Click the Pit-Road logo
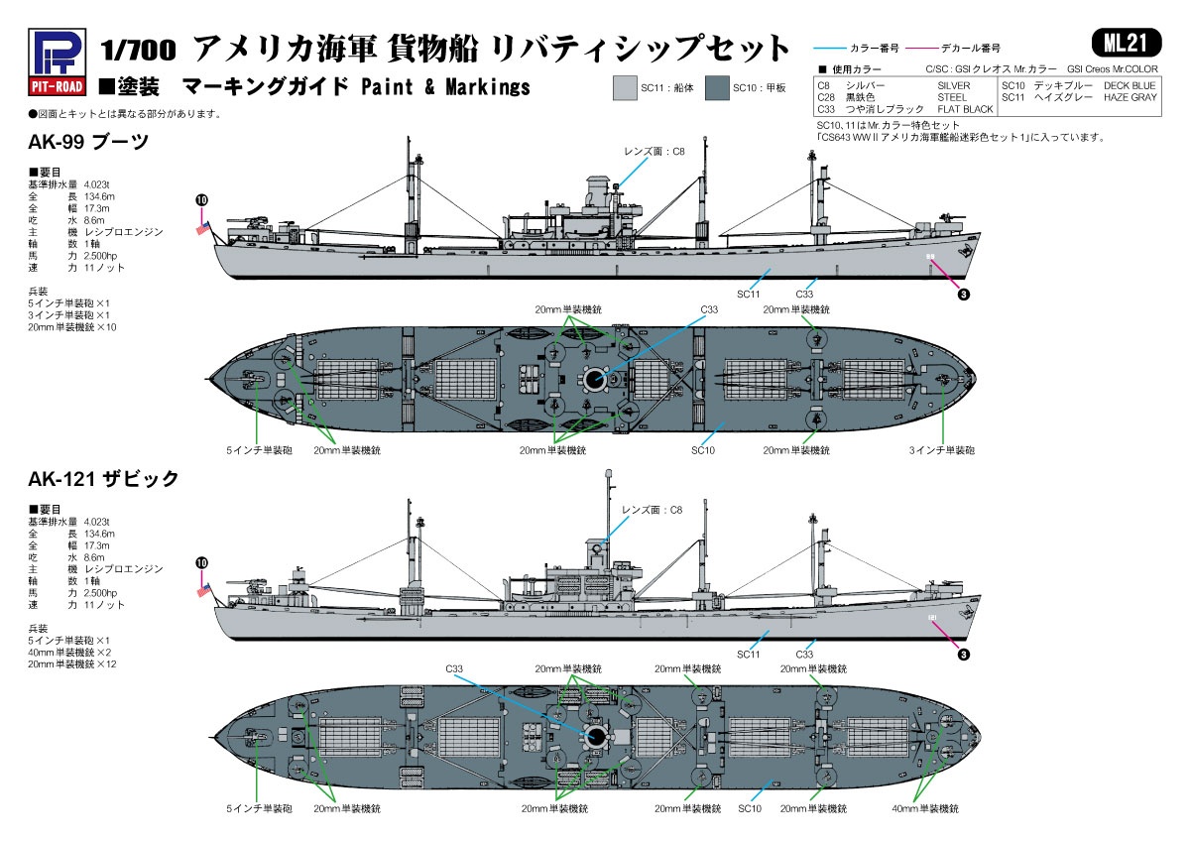click(57, 62)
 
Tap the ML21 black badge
click(1126, 43)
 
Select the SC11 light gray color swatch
click(625, 87)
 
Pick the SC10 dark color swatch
click(717, 87)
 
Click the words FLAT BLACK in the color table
click(965, 109)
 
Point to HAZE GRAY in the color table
click(1130, 98)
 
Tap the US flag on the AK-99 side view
click(203, 228)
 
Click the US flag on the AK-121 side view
click(203, 590)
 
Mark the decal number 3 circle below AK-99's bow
click(964, 295)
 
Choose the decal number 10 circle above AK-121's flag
click(202, 563)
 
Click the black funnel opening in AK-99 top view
click(594, 379)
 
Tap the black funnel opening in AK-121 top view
click(596, 736)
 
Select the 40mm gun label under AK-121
click(925, 808)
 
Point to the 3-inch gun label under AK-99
click(941, 450)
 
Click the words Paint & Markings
click(445, 87)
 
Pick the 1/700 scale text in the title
click(138, 51)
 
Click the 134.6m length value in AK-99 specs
click(99, 196)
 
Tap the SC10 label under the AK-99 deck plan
click(703, 450)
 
